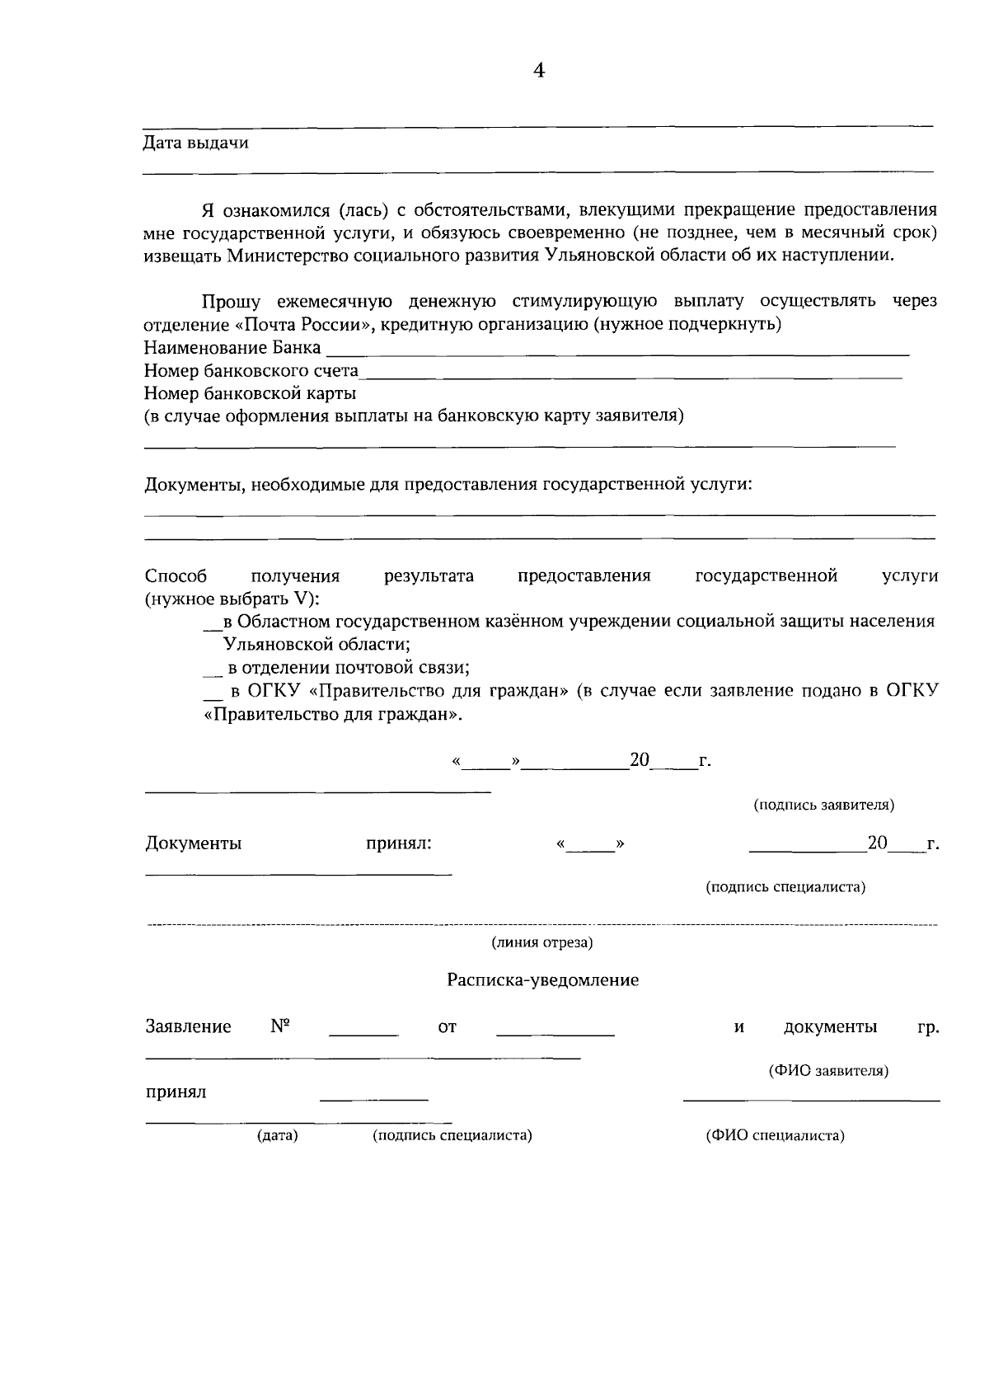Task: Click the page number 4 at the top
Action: pyautogui.click(x=539, y=71)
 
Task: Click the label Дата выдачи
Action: pyautogui.click(x=196, y=143)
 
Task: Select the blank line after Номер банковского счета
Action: pyautogui.click(x=630, y=375)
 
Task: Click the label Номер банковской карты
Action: pyautogui.click(x=250, y=393)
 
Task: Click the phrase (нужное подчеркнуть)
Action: pyautogui.click(x=688, y=324)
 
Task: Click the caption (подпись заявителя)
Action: pyautogui.click(x=824, y=805)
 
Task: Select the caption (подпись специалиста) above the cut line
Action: pyautogui.click(x=785, y=887)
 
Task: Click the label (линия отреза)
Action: pyautogui.click(x=542, y=942)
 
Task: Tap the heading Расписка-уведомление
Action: pyautogui.click(x=542, y=980)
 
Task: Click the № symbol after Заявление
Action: pyautogui.click(x=280, y=1026)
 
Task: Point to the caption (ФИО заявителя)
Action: pyautogui.click(x=828, y=1071)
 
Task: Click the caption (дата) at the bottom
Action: pyautogui.click(x=278, y=1135)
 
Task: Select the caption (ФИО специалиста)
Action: pyautogui.click(x=775, y=1135)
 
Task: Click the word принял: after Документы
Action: pyautogui.click(x=399, y=843)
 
